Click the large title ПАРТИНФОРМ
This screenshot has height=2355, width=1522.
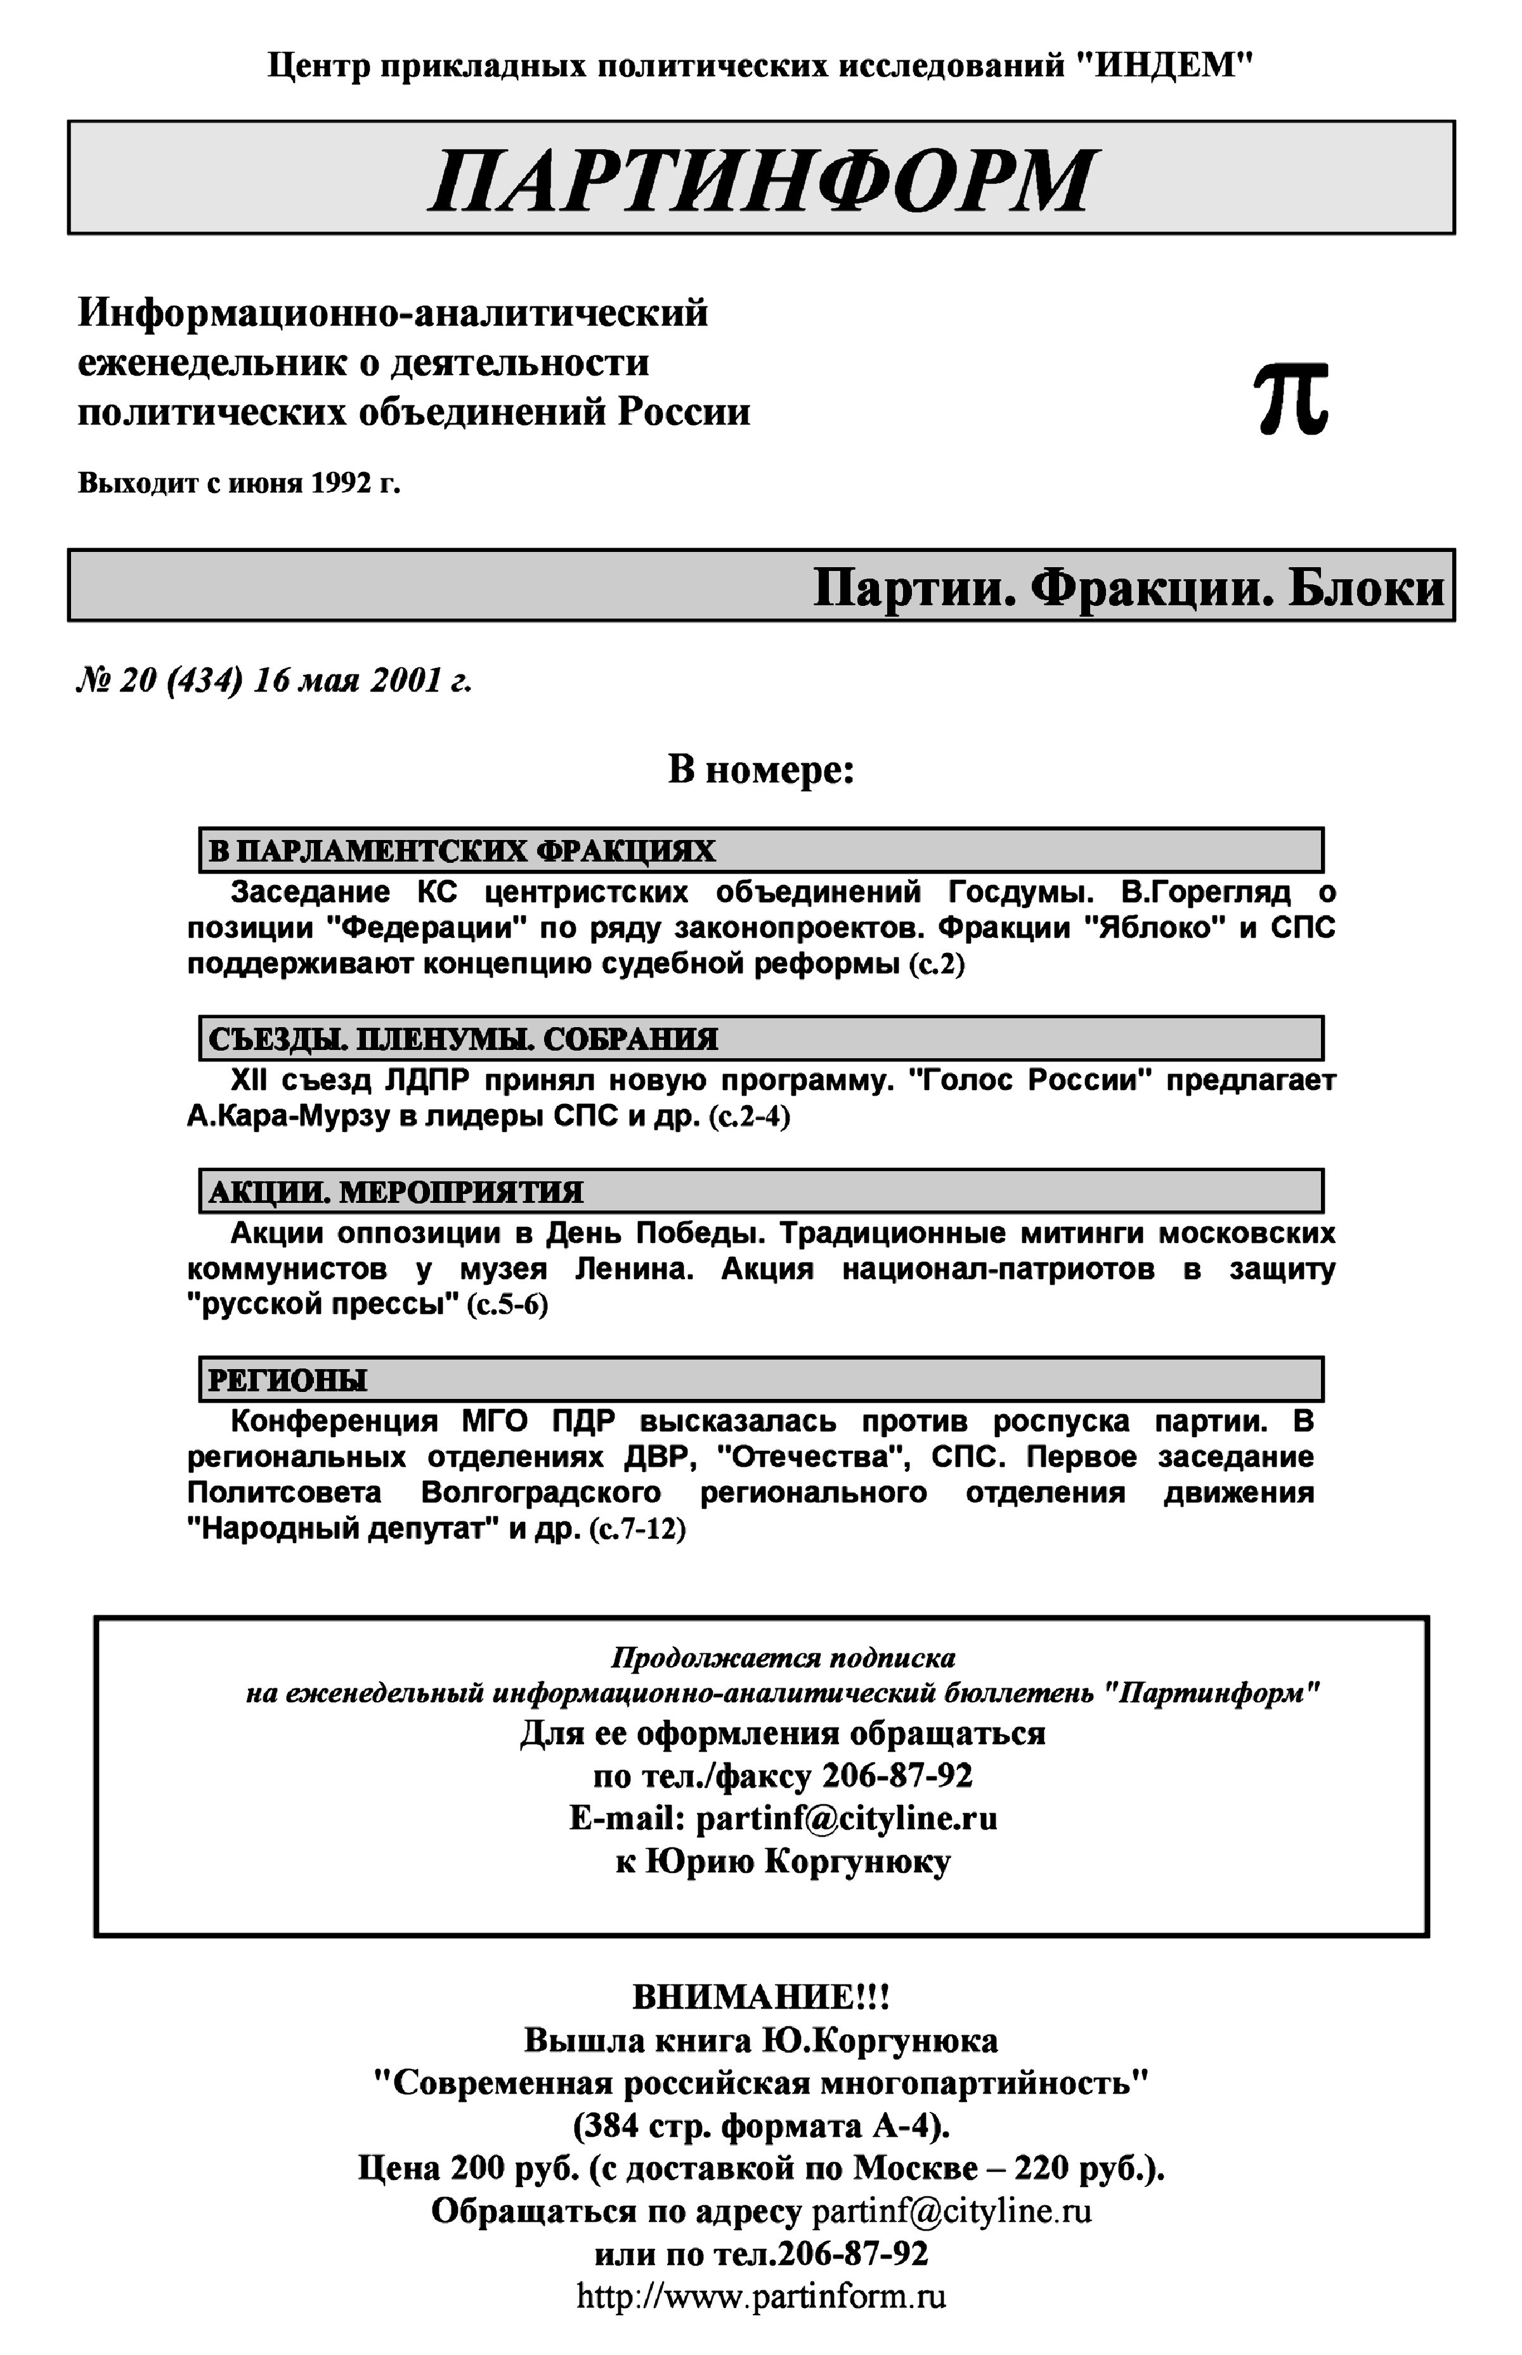tap(761, 180)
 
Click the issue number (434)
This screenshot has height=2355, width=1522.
tap(205, 680)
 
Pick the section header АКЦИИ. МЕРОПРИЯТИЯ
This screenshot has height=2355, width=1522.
tap(395, 1192)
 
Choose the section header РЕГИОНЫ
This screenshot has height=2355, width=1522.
tap(287, 1380)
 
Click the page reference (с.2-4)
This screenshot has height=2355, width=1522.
tap(749, 1117)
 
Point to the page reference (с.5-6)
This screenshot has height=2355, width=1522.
tap(507, 1305)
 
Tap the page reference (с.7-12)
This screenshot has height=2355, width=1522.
tap(637, 1530)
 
